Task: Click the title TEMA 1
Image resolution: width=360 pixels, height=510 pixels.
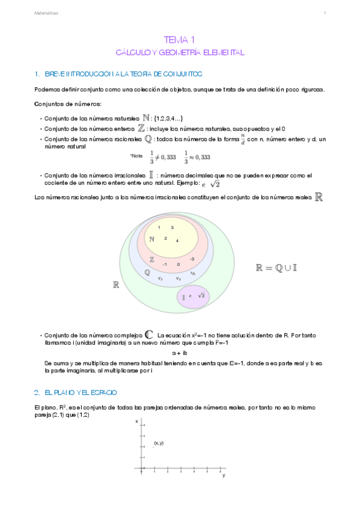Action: tap(180, 40)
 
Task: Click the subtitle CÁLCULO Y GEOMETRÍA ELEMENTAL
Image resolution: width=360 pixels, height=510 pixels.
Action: tap(180, 53)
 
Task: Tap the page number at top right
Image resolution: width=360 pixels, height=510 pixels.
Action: tap(325, 13)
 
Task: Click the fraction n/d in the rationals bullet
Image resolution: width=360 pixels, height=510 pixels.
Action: tap(242, 140)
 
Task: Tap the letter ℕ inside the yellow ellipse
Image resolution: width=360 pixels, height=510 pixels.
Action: tap(152, 239)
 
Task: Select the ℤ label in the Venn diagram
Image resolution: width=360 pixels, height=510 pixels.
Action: tap(152, 260)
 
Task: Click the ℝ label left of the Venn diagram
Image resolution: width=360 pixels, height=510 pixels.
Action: tap(116, 285)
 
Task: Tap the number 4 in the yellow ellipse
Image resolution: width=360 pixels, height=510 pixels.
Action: tap(177, 241)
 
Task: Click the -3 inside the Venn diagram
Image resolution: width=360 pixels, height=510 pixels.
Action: tap(191, 259)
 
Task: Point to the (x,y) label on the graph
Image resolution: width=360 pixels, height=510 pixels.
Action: tap(159, 443)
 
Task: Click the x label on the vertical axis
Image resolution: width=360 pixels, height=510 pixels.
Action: tap(136, 420)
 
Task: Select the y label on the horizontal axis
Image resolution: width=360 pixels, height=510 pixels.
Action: tap(224, 476)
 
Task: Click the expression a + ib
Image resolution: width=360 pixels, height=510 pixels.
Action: tap(180, 353)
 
